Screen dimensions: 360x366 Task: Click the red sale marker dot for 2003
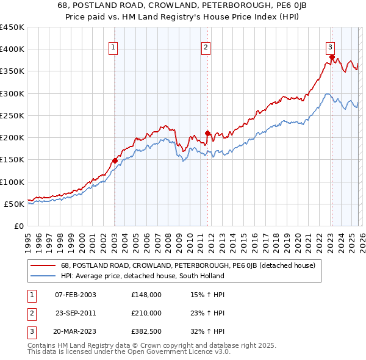point(115,160)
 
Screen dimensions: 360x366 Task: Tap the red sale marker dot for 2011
point(207,133)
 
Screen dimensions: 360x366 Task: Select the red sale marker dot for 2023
point(331,57)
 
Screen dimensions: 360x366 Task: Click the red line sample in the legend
point(43,265)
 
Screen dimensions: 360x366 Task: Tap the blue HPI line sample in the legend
point(43,276)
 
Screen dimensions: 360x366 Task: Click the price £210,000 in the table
point(146,313)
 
